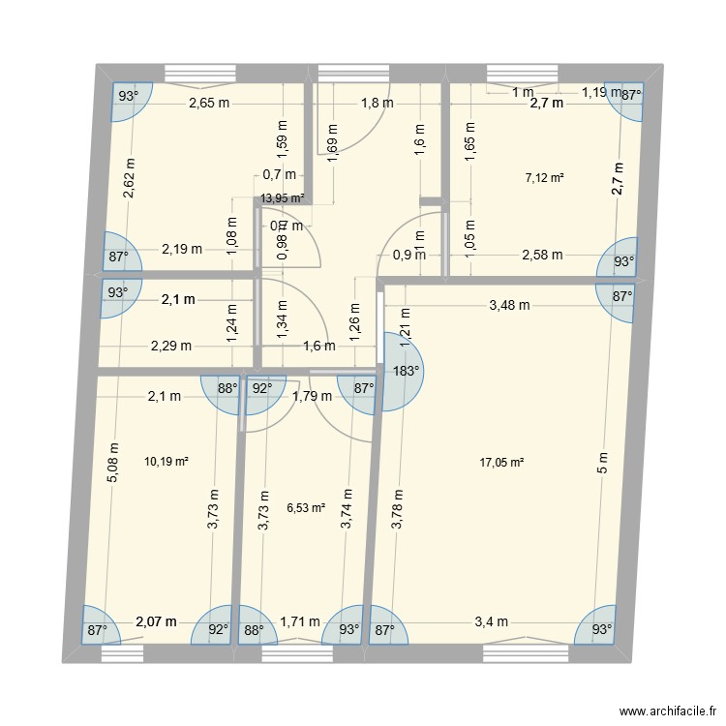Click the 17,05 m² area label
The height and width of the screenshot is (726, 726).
click(501, 463)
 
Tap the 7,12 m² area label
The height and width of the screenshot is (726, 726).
click(544, 177)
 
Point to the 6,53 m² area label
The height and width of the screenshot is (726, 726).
click(306, 506)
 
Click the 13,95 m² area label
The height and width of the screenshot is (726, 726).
click(283, 197)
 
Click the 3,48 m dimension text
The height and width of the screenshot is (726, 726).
click(509, 305)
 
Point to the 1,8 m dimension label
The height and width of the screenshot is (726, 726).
click(377, 104)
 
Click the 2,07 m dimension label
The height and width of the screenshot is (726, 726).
click(156, 621)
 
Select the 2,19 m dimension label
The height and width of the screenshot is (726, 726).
click(182, 249)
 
